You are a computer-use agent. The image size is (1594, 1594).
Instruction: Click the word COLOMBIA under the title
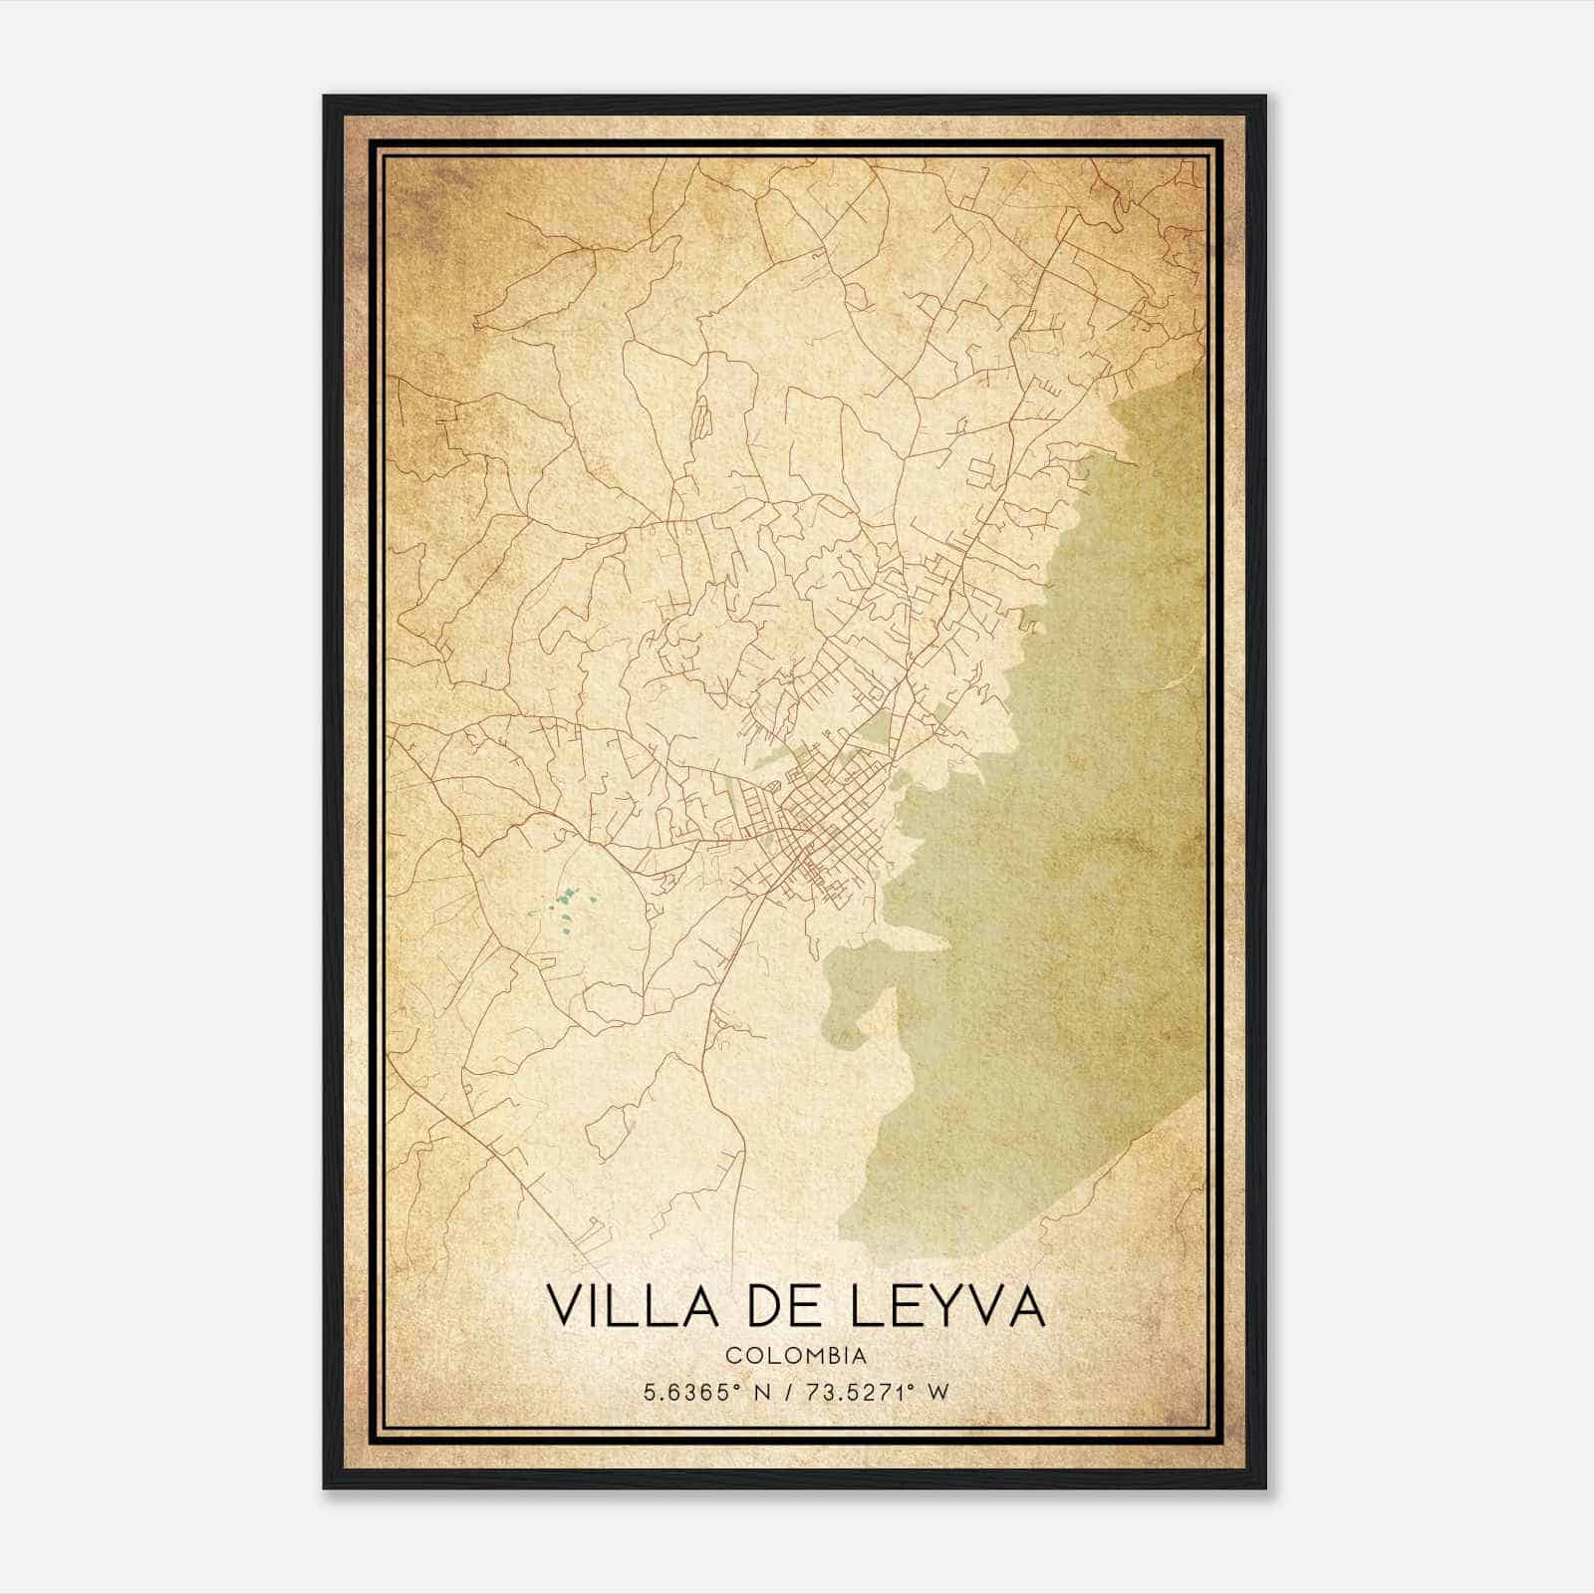[x=795, y=1356]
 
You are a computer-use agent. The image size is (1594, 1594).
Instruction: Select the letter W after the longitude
[x=936, y=1392]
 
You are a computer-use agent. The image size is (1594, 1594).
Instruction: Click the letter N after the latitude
[x=763, y=1392]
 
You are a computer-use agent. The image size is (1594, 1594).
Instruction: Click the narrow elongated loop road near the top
[x=701, y=418]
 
